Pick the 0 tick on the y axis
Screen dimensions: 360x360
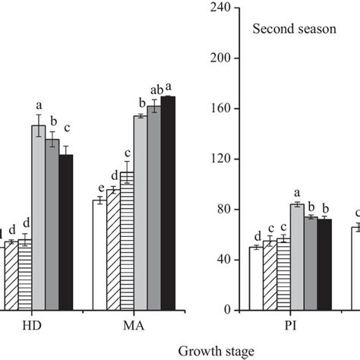tap(229, 311)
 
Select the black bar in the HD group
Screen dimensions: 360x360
tap(66, 232)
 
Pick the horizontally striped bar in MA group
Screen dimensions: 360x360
tap(127, 241)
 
